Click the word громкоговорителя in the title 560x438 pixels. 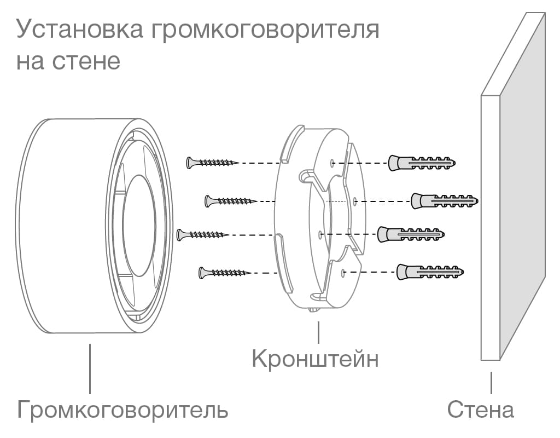(x=262, y=31)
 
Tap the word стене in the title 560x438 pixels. (x=87, y=60)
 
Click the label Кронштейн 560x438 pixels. (x=315, y=359)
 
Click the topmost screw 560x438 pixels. (x=211, y=163)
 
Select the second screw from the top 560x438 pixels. (x=230, y=201)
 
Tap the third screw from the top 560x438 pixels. (x=201, y=235)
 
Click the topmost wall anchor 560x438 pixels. (x=422, y=163)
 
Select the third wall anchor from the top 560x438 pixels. (x=411, y=234)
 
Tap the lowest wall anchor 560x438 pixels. (x=430, y=272)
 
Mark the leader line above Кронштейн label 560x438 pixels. (x=318, y=333)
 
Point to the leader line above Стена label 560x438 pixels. (x=491, y=382)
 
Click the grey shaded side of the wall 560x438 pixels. (x=523, y=186)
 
